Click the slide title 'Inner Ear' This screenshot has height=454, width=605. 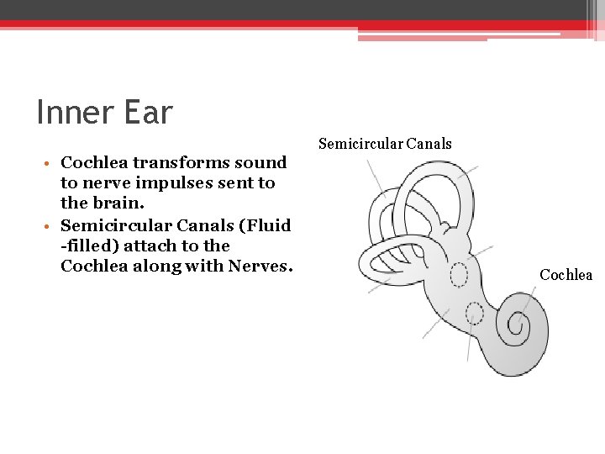click(104, 112)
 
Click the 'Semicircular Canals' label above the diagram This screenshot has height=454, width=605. click(385, 144)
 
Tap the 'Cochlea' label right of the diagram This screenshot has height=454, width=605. click(566, 275)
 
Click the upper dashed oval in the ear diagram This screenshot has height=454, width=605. click(459, 275)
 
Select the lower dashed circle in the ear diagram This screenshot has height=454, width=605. click(475, 314)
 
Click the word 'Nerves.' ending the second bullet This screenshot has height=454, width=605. click(263, 267)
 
